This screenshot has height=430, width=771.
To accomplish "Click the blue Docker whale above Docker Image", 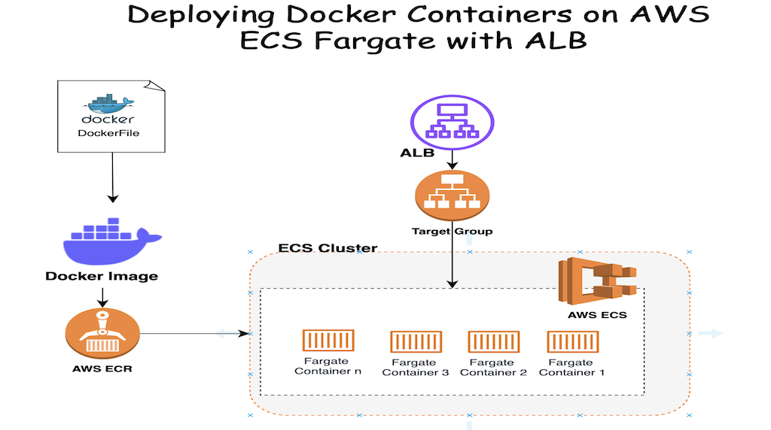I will click(x=111, y=240).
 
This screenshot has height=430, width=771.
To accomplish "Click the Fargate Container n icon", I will click(x=328, y=341).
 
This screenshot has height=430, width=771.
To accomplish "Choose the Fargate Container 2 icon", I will click(x=493, y=342).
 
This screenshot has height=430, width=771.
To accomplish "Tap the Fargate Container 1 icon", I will click(x=571, y=342).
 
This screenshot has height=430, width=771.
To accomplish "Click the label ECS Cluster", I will click(x=328, y=248).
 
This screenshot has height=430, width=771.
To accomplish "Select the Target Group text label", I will click(x=452, y=231).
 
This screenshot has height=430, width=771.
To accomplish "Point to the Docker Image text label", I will click(x=102, y=276).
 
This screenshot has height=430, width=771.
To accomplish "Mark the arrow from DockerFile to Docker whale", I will click(x=112, y=177).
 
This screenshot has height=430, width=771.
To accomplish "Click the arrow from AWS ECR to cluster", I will click(x=196, y=333).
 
